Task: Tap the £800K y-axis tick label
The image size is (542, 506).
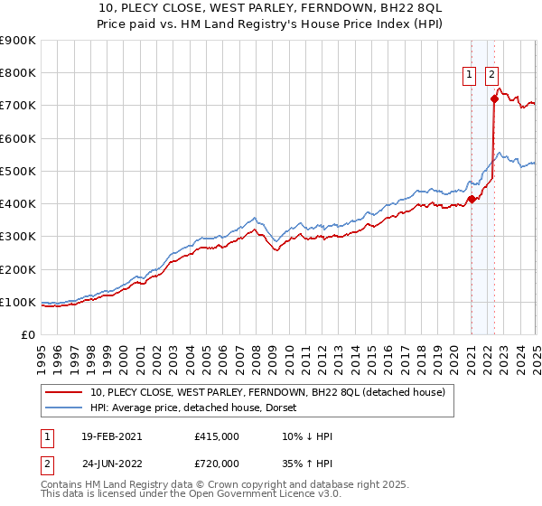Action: [18, 73]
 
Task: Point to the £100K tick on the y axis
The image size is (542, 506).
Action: [18, 302]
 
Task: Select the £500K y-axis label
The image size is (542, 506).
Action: [18, 171]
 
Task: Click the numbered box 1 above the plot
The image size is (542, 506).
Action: [471, 76]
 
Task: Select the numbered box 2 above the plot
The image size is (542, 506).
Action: [491, 76]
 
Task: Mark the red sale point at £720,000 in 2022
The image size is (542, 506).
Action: [494, 98]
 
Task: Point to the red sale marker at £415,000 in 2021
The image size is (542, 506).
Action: [472, 199]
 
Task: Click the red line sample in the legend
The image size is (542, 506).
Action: [64, 392]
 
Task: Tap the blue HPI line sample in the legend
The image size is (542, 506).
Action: [64, 408]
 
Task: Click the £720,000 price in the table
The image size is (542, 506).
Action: [217, 463]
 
